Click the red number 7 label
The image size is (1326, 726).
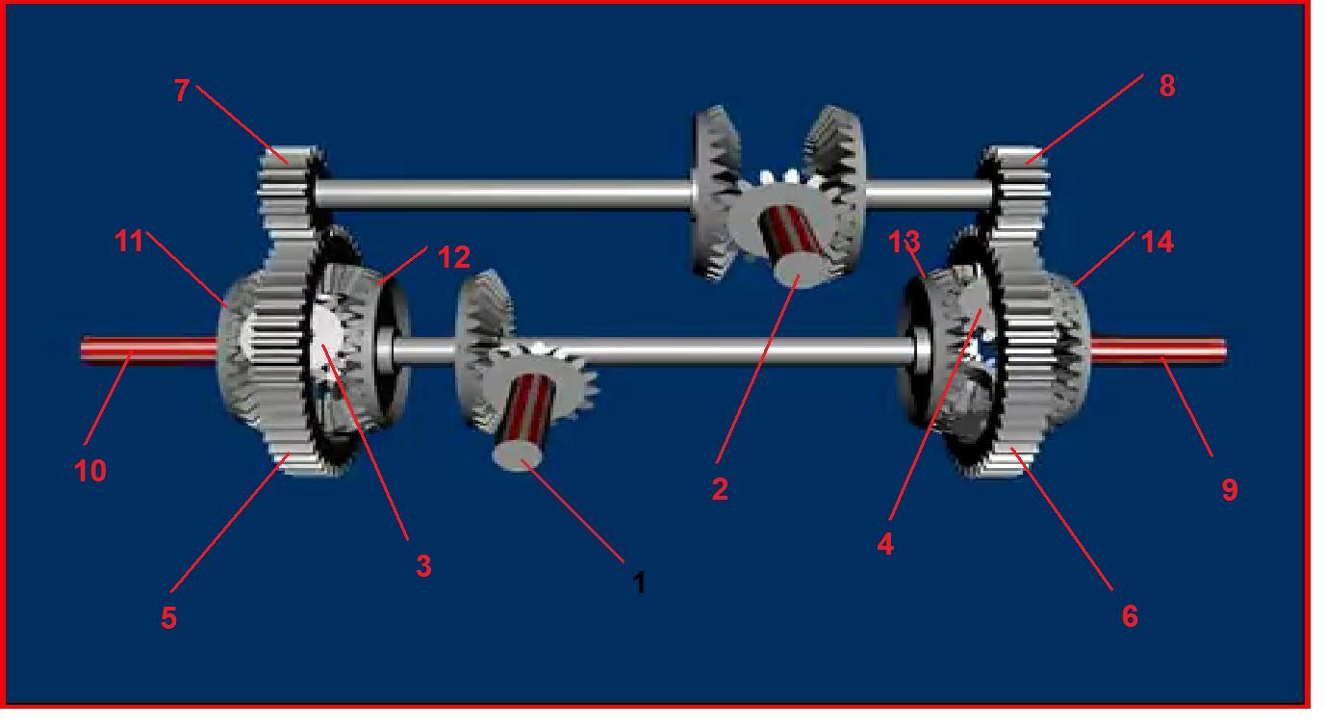pyautogui.click(x=182, y=90)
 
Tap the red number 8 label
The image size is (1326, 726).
pyautogui.click(x=1167, y=86)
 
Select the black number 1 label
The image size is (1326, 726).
pyautogui.click(x=639, y=583)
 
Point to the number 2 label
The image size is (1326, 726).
pyautogui.click(x=720, y=489)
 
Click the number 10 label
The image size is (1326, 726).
pyautogui.click(x=90, y=472)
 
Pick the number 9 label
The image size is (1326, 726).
pyautogui.click(x=1230, y=490)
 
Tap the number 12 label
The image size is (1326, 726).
pyautogui.click(x=454, y=257)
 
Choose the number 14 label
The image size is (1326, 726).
pyautogui.click(x=1157, y=243)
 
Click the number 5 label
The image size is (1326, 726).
pyautogui.click(x=168, y=618)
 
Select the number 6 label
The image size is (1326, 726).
pyautogui.click(x=1130, y=616)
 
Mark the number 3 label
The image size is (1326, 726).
pyautogui.click(x=423, y=565)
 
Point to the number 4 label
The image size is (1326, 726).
pyautogui.click(x=885, y=544)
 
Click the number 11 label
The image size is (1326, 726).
pyautogui.click(x=130, y=241)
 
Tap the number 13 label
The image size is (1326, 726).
pyautogui.click(x=905, y=242)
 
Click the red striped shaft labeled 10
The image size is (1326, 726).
pyautogui.click(x=149, y=350)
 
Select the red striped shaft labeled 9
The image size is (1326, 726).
pyautogui.click(x=1158, y=350)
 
